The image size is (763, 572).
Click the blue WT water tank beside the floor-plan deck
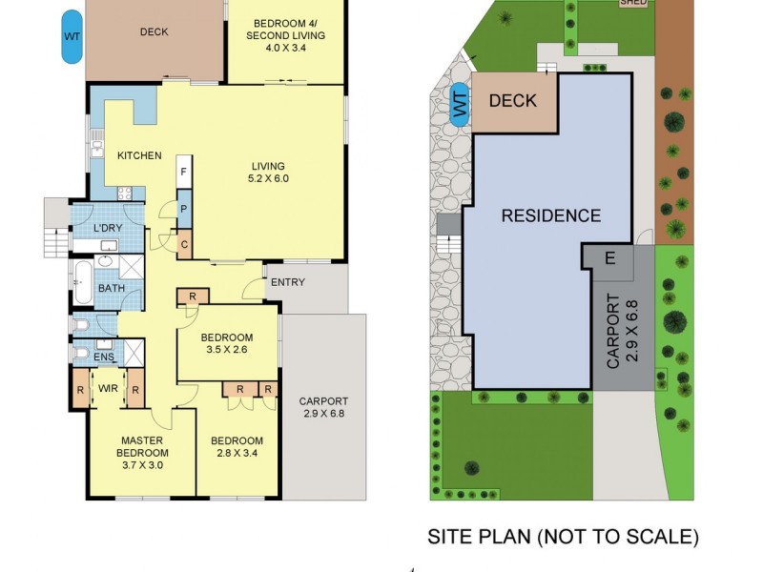coord(72,36)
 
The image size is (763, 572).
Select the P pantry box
coord(184,208)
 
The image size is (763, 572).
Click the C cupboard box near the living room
coord(184,244)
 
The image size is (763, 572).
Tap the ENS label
coord(104,357)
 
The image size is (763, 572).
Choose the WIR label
coord(107,389)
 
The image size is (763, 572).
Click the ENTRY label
coord(288,282)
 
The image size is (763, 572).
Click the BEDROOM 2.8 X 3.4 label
coord(237,446)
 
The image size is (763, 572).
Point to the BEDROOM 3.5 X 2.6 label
coord(227,344)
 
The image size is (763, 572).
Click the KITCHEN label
coord(139,156)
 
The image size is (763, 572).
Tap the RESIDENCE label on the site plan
coord(551,215)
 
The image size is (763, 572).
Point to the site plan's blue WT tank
coord(461,103)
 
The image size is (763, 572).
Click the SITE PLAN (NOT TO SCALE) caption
coord(562,537)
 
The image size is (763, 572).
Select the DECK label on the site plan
coord(512,101)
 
